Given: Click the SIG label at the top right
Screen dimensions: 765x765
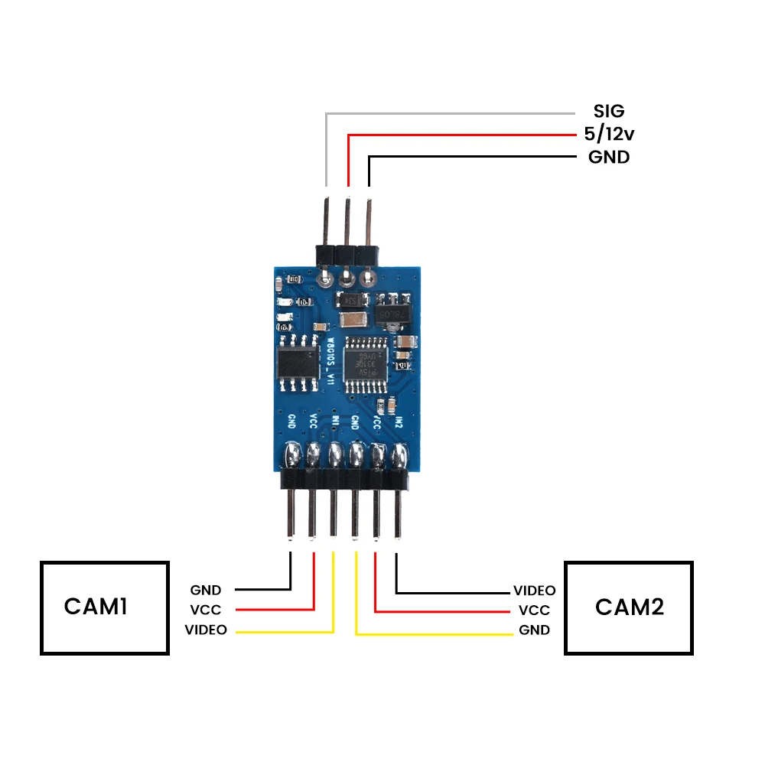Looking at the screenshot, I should pyautogui.click(x=608, y=112).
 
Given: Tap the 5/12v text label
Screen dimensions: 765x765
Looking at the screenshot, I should pyautogui.click(x=608, y=135).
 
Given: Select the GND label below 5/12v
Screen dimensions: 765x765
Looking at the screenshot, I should pyautogui.click(x=608, y=158).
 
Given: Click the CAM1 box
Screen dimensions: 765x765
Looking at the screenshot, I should pyautogui.click(x=104, y=607).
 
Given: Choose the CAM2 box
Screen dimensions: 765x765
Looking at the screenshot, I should pyautogui.click(x=629, y=607).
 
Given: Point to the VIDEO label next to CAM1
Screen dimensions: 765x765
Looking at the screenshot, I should pyautogui.click(x=206, y=630).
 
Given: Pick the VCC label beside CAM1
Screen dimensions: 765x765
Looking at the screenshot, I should pyautogui.click(x=206, y=610).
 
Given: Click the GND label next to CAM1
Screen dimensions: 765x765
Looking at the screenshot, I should pyautogui.click(x=206, y=590).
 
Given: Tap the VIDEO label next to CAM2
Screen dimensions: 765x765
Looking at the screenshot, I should pyautogui.click(x=534, y=591).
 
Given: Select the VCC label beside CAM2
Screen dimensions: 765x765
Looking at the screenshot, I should pyautogui.click(x=534, y=610).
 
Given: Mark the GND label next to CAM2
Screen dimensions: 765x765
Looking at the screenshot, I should pyautogui.click(x=534, y=630).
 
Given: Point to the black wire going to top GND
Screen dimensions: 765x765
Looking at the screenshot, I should pyautogui.click(x=474, y=157).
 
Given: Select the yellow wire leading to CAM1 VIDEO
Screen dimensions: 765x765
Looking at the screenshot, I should pyautogui.click(x=283, y=632).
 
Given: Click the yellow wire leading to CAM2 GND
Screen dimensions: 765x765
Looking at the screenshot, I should pyautogui.click(x=436, y=634).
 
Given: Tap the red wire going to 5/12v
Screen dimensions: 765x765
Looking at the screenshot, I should pyautogui.click(x=459, y=135).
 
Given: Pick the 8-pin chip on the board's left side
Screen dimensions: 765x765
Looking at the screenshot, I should pyautogui.click(x=298, y=360).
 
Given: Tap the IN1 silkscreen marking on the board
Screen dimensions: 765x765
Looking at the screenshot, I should pyautogui.click(x=335, y=422).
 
